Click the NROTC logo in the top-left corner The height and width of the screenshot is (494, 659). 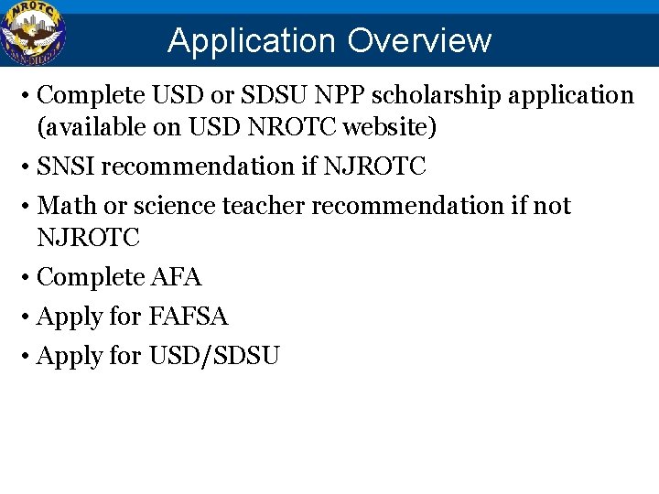click(33, 34)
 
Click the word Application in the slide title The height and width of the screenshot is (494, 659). click(252, 41)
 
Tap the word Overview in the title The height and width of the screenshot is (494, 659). click(418, 41)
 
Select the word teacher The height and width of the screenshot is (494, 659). click(264, 206)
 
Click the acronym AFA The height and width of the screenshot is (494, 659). click(177, 276)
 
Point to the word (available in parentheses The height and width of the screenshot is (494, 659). click(86, 127)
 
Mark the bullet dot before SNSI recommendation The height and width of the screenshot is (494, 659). click(28, 167)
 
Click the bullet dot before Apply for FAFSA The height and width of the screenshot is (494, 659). click(28, 317)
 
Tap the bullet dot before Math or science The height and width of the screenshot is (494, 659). click(28, 207)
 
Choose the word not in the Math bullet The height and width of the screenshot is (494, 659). click(553, 206)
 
